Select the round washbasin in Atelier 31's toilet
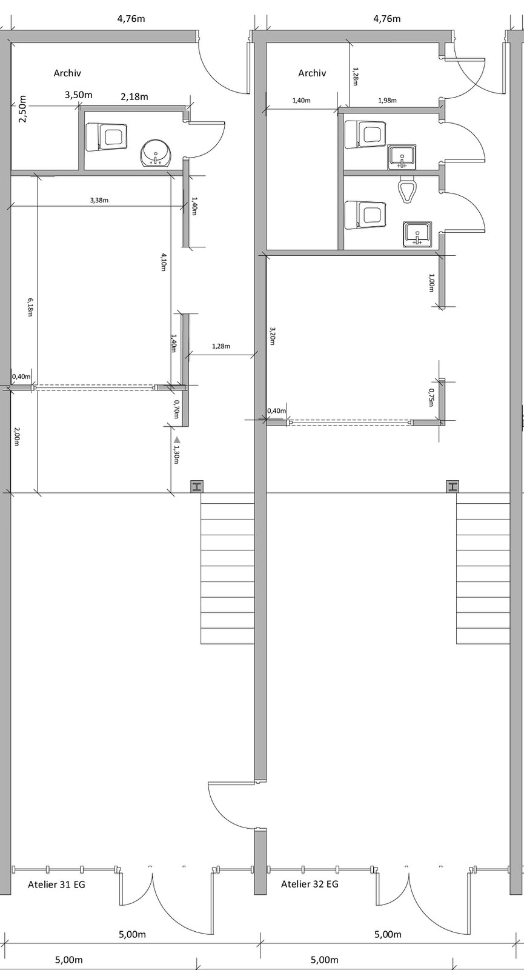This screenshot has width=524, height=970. click(x=157, y=153)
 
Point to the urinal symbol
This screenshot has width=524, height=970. click(x=407, y=189)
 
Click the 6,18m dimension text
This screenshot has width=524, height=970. click(x=30, y=307)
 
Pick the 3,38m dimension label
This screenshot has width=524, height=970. click(x=99, y=200)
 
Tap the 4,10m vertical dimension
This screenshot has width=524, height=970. click(x=163, y=263)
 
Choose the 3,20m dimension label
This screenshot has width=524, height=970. click(x=272, y=336)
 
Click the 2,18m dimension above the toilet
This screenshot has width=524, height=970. click(x=134, y=96)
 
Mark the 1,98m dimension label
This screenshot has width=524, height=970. click(x=387, y=100)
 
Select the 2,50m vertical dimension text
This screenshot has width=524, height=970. click(x=22, y=109)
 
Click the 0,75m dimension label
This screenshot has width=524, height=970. click(x=431, y=397)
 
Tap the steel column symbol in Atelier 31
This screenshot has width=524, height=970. click(x=197, y=487)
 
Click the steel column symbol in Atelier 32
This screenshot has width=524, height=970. click(x=453, y=487)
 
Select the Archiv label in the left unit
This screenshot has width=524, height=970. click(x=67, y=73)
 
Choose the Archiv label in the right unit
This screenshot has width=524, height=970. click(x=312, y=73)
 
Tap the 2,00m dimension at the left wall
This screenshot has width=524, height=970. click(x=16, y=436)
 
